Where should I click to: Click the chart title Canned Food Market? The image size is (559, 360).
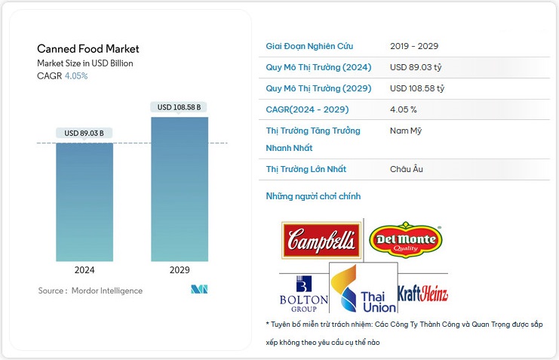coord(88,49)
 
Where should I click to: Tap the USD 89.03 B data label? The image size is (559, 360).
coord(84,134)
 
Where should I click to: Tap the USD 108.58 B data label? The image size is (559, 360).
coord(180,107)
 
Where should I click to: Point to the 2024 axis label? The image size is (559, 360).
coord(84,269)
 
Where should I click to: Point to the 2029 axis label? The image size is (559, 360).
coord(180,269)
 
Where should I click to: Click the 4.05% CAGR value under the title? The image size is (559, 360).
coord(76,76)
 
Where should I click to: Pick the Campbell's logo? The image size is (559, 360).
coord(321,242)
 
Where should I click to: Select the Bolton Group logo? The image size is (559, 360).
coord(303,295)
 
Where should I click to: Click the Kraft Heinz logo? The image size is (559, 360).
coord(422,293)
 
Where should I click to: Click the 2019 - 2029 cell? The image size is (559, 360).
coord(414,46)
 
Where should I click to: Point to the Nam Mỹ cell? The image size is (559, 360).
coord(407,131)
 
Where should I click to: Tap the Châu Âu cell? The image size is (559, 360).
coord(407,169)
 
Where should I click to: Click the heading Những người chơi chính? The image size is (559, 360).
coord(313,196)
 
